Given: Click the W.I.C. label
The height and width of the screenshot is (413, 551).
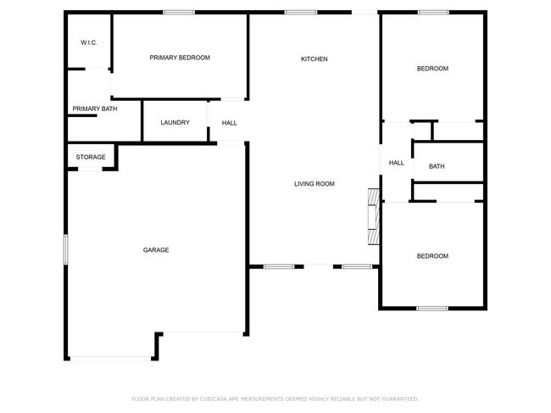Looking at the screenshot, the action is click(89, 43).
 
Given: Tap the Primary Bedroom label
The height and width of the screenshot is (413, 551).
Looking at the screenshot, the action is click(180, 58).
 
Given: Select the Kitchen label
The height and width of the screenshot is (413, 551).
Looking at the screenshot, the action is click(314, 59).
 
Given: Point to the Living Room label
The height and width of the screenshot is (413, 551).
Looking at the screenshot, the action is click(314, 184).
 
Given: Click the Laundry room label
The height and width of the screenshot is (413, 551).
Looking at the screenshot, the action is click(175, 123).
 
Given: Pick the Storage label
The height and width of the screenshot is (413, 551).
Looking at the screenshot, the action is click(91, 157).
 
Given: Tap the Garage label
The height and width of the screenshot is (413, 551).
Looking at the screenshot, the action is click(156, 250).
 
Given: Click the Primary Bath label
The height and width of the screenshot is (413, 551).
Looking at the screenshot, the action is click(95, 109).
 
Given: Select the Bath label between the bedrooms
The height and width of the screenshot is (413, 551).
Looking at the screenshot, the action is click(437, 166).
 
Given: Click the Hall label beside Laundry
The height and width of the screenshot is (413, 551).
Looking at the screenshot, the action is click(230, 123).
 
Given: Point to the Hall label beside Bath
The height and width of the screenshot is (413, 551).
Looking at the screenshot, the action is click(397, 163).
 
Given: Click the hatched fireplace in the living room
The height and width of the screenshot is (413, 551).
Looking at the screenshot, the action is click(374, 216).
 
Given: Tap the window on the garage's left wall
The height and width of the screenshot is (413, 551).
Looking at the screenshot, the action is click(66, 249).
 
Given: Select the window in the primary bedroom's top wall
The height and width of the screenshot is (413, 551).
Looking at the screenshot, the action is click(179, 13).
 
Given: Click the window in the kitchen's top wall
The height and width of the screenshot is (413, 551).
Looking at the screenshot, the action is click(301, 13).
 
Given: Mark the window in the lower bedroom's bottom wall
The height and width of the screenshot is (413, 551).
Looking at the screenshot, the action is click(432, 309).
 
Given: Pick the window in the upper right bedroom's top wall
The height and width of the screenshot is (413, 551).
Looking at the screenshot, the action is click(433, 13).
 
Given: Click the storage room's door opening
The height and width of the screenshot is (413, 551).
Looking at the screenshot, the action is click(90, 170).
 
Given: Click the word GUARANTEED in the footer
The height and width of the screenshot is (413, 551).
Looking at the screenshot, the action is click(400, 399).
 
